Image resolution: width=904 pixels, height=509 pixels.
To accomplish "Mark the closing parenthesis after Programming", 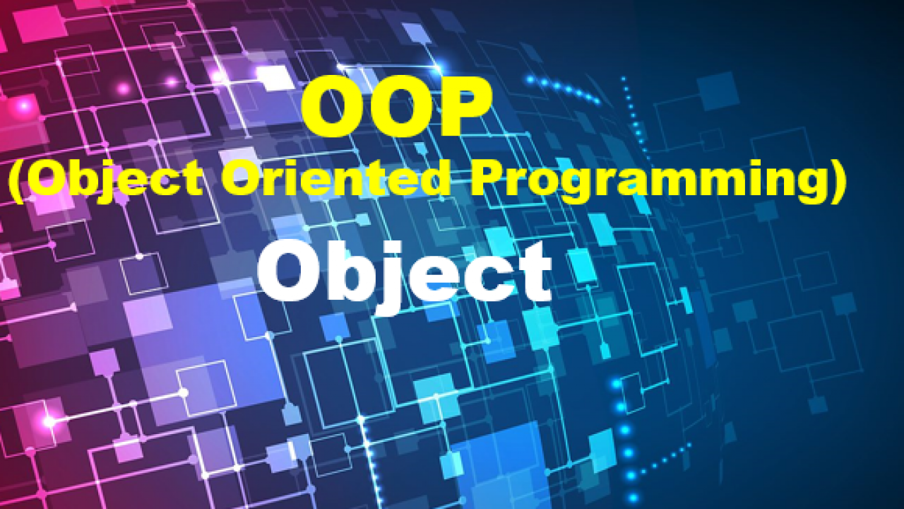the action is tap(835, 182).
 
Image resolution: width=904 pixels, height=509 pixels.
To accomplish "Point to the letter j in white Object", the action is tap(388, 279).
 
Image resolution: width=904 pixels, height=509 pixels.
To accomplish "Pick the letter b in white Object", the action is tap(346, 271).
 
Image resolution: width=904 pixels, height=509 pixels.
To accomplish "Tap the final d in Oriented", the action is tap(432, 177).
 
